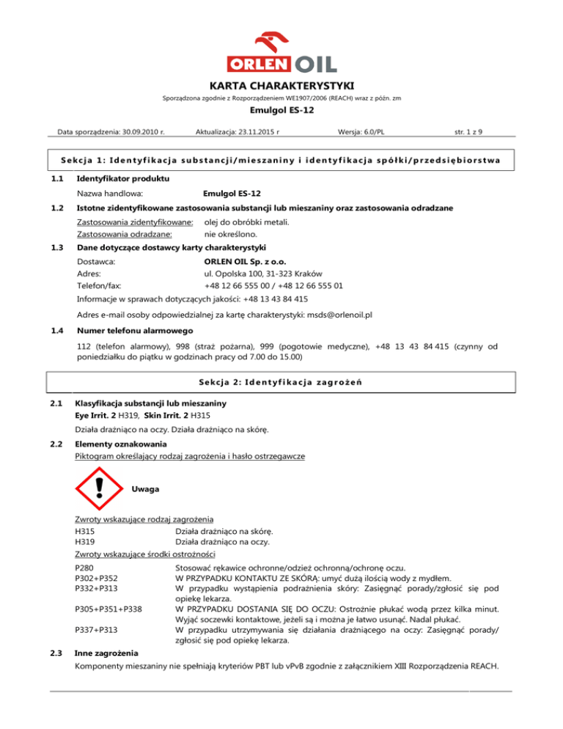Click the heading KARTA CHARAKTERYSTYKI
pyautogui.click(x=281, y=85)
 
